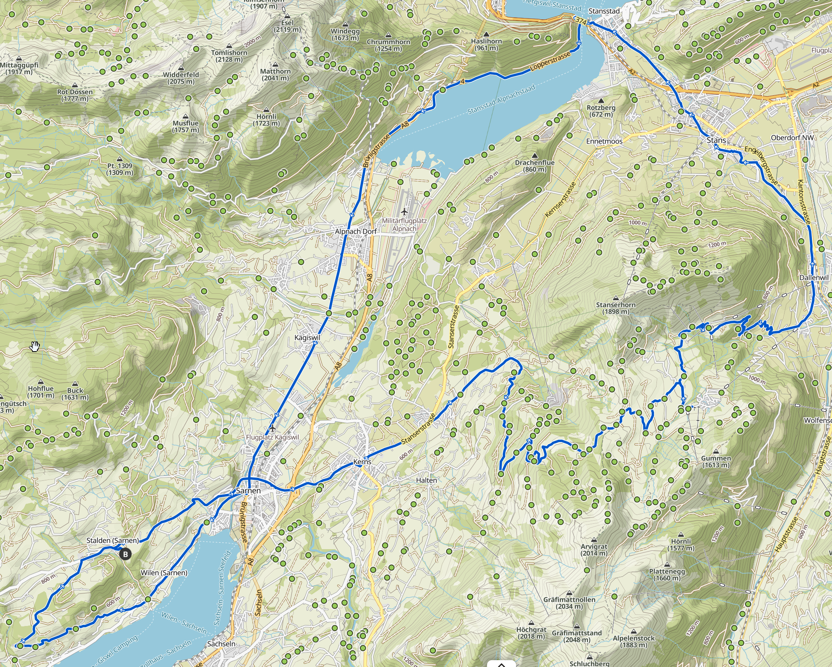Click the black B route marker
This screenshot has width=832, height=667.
(x=125, y=554)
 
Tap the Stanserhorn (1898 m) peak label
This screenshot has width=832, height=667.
(x=615, y=308)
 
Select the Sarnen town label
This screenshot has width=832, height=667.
(x=248, y=491)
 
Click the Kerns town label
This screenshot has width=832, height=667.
(x=362, y=462)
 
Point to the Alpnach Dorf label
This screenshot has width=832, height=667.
(x=356, y=232)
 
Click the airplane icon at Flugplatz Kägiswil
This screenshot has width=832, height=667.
(x=273, y=428)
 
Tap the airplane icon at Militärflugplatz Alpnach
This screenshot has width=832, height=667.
(x=404, y=212)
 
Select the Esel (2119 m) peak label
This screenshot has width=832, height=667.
(x=287, y=26)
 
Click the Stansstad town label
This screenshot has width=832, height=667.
(x=604, y=11)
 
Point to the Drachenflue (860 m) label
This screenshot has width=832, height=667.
(x=535, y=166)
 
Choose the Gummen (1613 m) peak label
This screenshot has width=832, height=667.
(x=716, y=461)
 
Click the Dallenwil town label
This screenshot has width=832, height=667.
(x=814, y=278)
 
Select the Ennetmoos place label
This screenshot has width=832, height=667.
(x=604, y=142)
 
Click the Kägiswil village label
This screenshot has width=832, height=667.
(x=307, y=338)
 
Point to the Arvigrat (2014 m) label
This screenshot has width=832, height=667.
(x=594, y=550)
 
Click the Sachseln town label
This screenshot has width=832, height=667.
(x=221, y=644)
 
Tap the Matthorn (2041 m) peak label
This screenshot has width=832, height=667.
(x=275, y=74)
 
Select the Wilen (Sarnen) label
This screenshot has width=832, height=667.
(x=164, y=573)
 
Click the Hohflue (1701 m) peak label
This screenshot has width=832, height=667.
(x=41, y=392)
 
